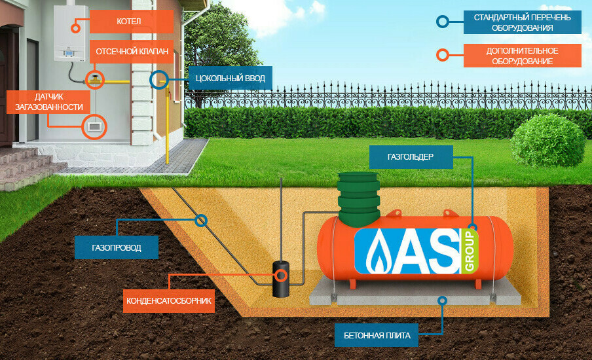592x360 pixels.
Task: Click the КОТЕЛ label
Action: click(132, 22)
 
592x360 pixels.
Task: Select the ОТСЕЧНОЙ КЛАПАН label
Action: click(132, 52)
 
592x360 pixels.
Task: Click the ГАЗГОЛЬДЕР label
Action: click(411, 156)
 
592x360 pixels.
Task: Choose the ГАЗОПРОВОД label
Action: click(117, 248)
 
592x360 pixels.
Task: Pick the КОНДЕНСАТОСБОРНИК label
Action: click(169, 301)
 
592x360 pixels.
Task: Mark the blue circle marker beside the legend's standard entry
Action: click(443, 22)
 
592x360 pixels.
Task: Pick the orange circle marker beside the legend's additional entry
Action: click(443, 55)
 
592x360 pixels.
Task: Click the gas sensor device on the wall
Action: click(95, 124)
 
